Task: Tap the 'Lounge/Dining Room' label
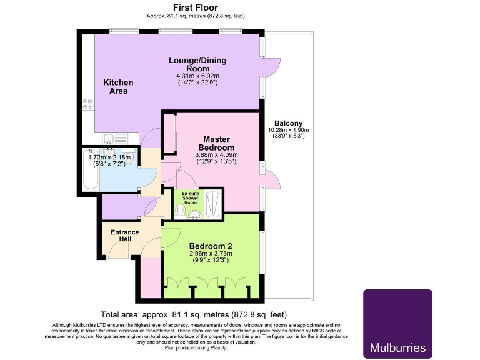pyautogui.click(x=197, y=64)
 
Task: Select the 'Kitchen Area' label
pyautogui.click(x=118, y=86)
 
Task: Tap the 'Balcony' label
pyautogui.click(x=288, y=123)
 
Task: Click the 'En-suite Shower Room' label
pyautogui.click(x=190, y=198)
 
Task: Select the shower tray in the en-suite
pyautogui.click(x=213, y=203)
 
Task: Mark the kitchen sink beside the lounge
pyautogui.click(x=111, y=139)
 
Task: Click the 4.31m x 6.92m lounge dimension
pyautogui.click(x=197, y=75)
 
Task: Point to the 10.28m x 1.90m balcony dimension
pyautogui.click(x=288, y=130)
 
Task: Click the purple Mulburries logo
pyautogui.click(x=397, y=323)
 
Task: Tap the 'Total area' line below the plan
pyautogui.click(x=194, y=314)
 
